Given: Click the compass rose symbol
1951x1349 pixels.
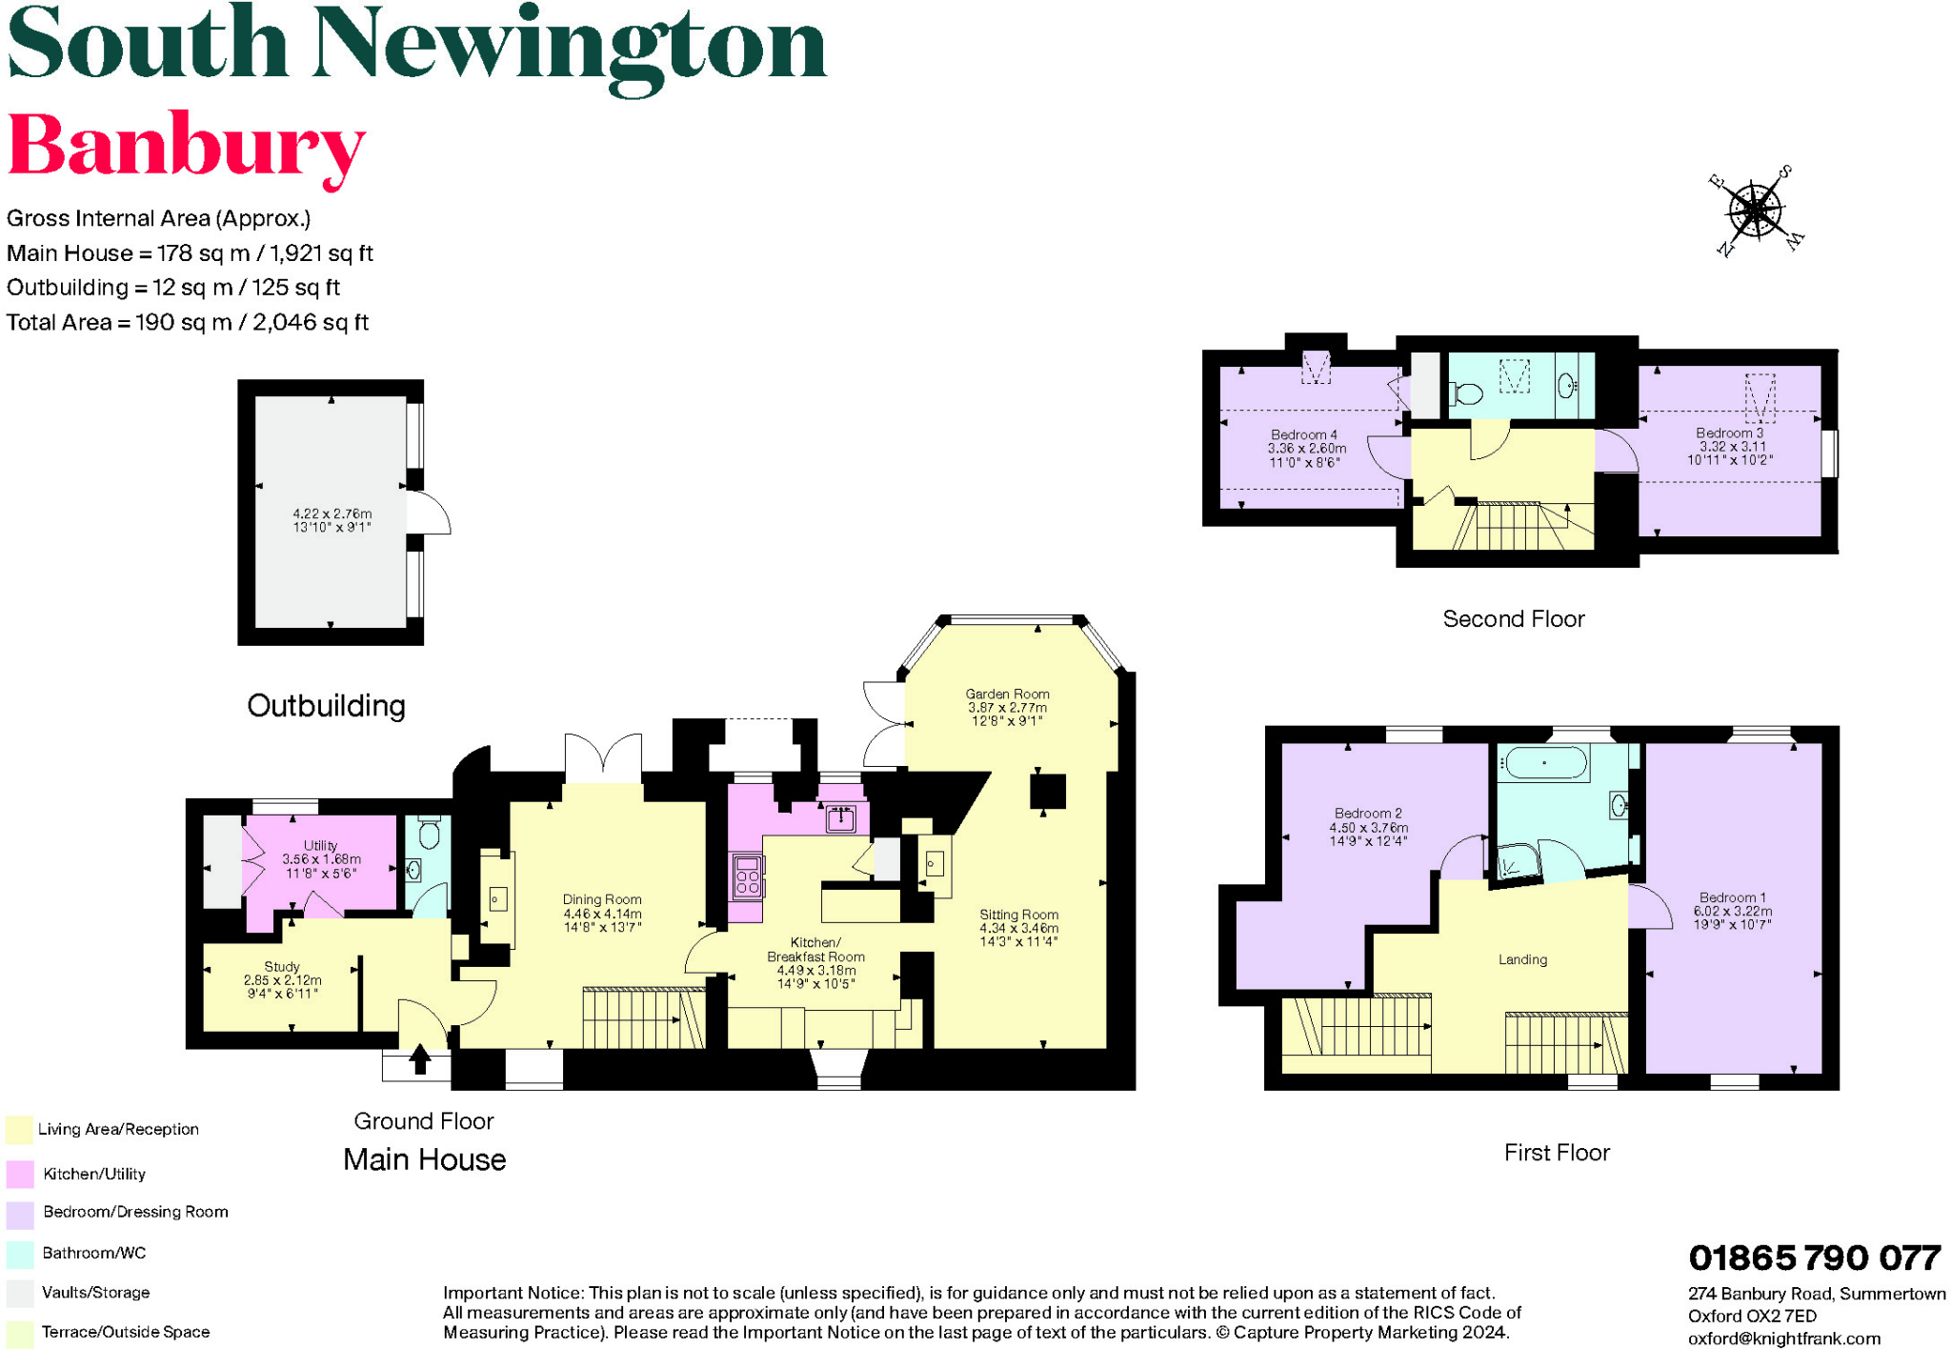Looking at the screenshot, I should [x=1756, y=211].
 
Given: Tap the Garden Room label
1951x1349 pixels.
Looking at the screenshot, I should [x=1007, y=695].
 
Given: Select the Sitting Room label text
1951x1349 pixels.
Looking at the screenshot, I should [x=1018, y=915].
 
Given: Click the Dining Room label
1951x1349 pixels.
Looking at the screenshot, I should [x=602, y=899].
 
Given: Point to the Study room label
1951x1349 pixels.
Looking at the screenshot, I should [x=282, y=967].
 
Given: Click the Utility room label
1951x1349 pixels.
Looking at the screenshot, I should [x=320, y=846].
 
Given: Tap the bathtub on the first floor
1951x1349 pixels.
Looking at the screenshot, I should [x=1543, y=763].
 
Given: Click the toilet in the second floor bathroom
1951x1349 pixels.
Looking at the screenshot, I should [x=1467, y=393].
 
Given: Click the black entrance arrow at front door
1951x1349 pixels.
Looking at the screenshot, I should [x=420, y=1058].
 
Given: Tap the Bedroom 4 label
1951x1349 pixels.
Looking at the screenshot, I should [x=1303, y=434].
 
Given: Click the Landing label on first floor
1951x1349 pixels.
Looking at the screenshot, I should [x=1522, y=959].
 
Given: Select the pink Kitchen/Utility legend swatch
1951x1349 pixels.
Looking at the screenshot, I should [x=20, y=1174].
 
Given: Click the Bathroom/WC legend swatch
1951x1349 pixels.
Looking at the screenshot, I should [x=20, y=1254].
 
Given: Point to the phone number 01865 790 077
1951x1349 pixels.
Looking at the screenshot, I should [x=1814, y=1258].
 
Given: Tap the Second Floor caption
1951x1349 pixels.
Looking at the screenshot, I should [x=1513, y=619].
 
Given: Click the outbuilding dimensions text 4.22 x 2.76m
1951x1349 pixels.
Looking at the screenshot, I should [x=332, y=513].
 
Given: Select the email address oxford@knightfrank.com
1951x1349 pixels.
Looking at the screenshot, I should [x=1783, y=1339].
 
